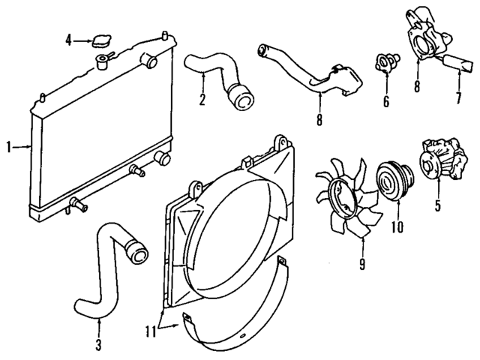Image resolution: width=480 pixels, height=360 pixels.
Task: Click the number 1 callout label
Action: click(9, 148)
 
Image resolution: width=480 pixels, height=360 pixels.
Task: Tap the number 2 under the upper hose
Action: click(202, 100)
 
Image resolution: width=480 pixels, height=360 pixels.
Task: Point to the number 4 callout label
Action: click(68, 40)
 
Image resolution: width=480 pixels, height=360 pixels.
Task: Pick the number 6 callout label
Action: click(386, 100)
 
